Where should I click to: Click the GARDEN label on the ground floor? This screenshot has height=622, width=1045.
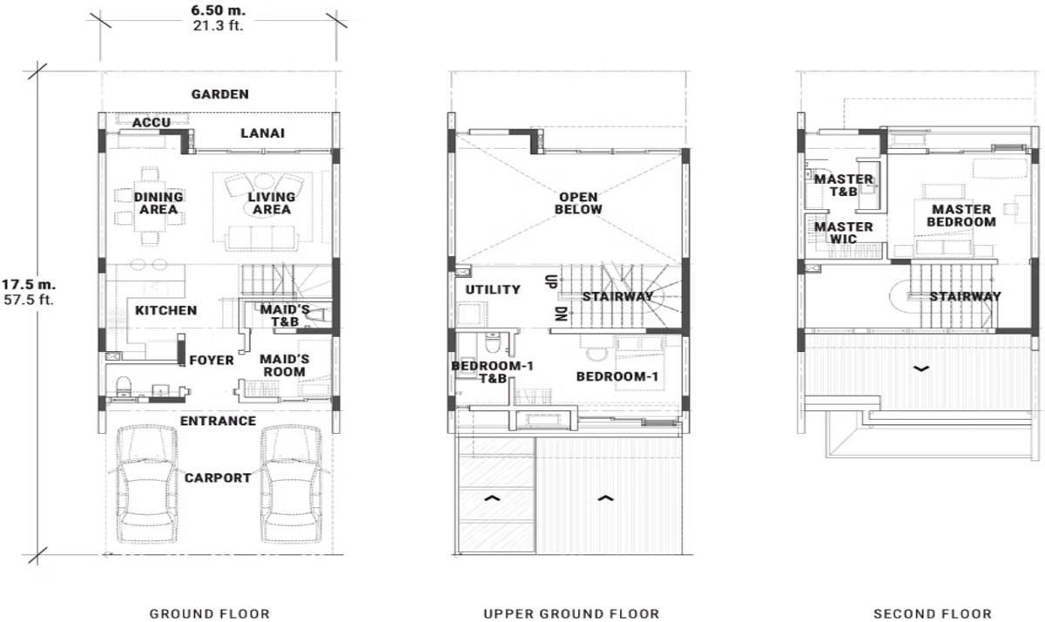(220, 94)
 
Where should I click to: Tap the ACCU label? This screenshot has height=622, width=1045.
(151, 123)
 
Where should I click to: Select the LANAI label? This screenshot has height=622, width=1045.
(262, 133)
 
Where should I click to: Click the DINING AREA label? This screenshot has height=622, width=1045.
(158, 203)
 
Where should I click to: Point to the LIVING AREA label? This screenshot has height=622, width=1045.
(270, 203)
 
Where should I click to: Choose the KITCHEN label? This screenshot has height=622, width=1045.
(165, 310)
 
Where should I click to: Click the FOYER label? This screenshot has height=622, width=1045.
(212, 360)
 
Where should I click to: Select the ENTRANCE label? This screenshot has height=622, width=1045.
(218, 422)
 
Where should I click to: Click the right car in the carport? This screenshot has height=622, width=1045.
(287, 486)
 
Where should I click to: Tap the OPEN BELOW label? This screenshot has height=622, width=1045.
(580, 203)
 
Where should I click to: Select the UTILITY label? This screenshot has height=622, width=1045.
(493, 289)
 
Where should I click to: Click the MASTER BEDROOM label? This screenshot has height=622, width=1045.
(961, 215)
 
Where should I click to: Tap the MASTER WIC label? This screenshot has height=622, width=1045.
(843, 233)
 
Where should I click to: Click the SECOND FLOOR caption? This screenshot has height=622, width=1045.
(932, 614)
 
